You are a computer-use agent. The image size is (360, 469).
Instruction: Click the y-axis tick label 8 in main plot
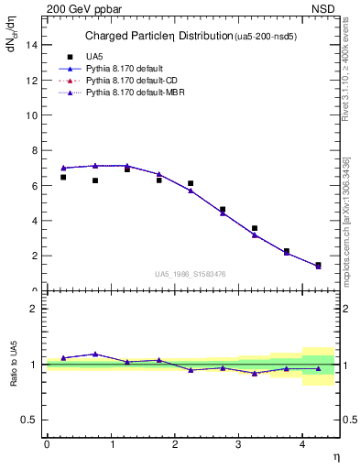[33, 151]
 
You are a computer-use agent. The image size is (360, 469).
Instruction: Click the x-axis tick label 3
[238, 445]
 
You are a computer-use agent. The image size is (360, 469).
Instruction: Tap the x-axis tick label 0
[47, 445]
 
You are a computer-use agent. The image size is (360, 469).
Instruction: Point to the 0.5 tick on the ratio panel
[29, 420]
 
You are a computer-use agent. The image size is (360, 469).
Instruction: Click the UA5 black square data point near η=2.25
[191, 183]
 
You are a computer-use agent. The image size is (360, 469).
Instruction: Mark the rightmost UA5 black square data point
[318, 265]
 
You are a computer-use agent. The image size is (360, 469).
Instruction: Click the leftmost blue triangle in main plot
[63, 168]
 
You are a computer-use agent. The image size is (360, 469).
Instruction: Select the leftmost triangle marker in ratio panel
[63, 357]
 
